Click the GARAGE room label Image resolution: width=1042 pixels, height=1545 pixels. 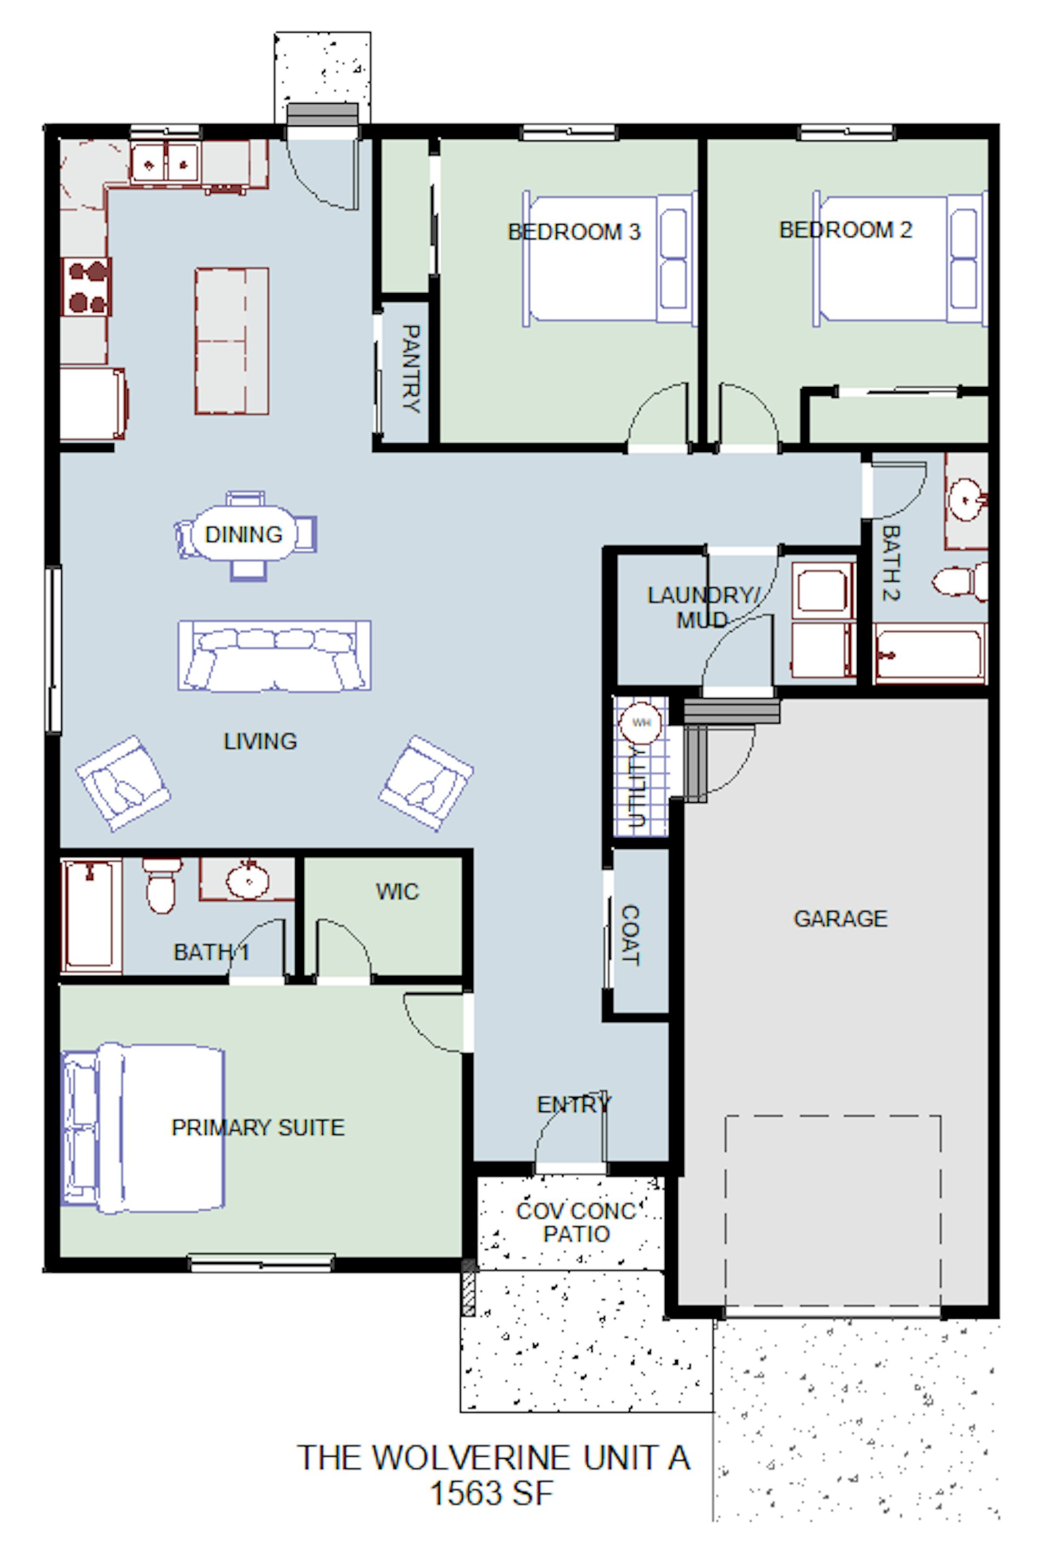(x=840, y=918)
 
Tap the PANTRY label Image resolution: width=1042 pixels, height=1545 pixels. (x=411, y=369)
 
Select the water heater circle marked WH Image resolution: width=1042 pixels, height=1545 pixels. (x=640, y=722)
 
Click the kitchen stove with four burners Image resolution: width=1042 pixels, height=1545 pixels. (x=87, y=287)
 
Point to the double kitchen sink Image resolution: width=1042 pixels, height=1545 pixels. (x=165, y=162)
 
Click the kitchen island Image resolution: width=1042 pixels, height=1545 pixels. (x=232, y=341)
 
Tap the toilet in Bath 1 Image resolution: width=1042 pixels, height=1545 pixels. (x=162, y=885)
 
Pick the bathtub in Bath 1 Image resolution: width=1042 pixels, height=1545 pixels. (x=91, y=915)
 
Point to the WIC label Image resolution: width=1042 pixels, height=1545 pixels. (x=397, y=891)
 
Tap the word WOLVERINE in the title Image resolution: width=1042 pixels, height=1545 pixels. (x=472, y=1458)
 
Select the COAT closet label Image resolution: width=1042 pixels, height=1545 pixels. (x=631, y=935)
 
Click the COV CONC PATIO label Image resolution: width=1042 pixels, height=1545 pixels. (x=576, y=1222)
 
